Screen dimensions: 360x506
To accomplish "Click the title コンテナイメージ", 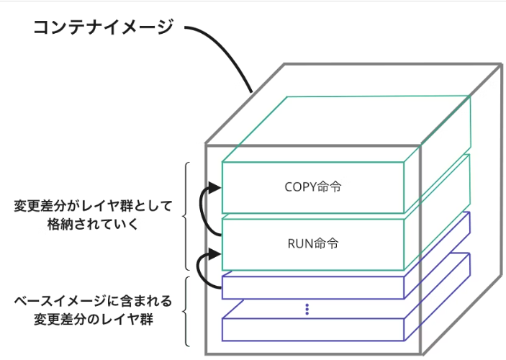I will pyautogui.click(x=103, y=28).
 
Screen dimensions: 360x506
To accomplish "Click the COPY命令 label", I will pyautogui.click(x=312, y=187).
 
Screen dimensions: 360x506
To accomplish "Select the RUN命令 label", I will pyautogui.click(x=312, y=243).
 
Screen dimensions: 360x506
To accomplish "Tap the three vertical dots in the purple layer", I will pyautogui.click(x=307, y=310).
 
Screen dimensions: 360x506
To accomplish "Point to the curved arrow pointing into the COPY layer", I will pyautogui.click(x=207, y=209).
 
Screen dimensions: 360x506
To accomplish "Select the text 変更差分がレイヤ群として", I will pyautogui.click(x=93, y=207).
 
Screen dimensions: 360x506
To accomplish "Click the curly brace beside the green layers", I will pyautogui.click(x=186, y=216).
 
